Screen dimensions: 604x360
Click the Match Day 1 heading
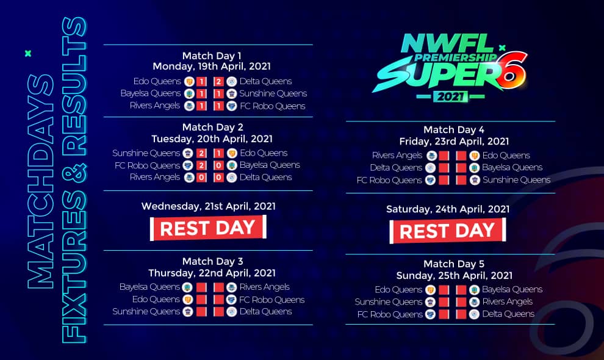(x=212, y=56)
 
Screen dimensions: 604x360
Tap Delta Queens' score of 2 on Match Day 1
(x=218, y=82)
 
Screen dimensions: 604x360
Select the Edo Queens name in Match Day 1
(x=157, y=81)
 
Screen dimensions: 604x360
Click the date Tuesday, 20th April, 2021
(x=212, y=139)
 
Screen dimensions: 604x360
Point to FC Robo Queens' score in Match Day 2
(x=201, y=166)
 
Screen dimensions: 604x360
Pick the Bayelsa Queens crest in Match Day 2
(x=231, y=165)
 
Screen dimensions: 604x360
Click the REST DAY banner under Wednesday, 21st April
(x=208, y=228)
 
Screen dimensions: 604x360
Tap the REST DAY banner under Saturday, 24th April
(x=448, y=231)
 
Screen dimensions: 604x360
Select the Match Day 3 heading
(x=213, y=261)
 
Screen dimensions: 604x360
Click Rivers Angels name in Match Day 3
(x=265, y=287)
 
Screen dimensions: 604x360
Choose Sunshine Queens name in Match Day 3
(x=146, y=311)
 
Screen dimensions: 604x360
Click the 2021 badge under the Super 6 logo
(x=450, y=96)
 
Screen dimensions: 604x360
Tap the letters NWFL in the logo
(x=448, y=43)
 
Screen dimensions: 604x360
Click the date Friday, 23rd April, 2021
(x=454, y=142)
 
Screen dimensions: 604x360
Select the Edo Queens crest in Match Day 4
(x=474, y=156)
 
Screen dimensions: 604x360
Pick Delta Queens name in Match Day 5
(x=508, y=314)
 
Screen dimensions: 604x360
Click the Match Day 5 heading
(x=454, y=264)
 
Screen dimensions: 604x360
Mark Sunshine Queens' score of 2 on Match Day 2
(x=201, y=153)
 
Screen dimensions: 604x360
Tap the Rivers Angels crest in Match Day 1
(x=189, y=106)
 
